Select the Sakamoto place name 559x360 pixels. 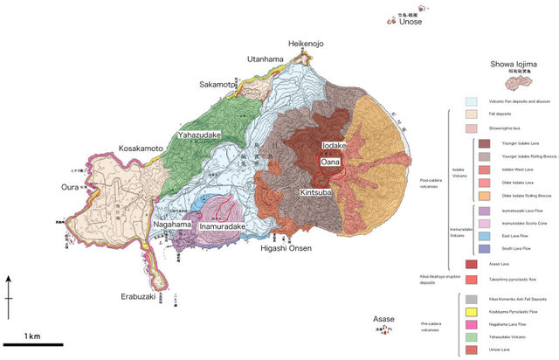pos(217,84)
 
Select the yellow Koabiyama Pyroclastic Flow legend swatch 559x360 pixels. pos(471,311)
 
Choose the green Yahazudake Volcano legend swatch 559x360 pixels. pos(471,336)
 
